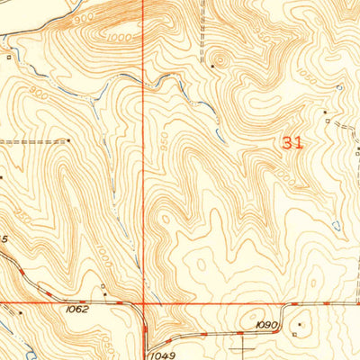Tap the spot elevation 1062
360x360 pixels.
point(77,309)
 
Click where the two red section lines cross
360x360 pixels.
point(144,303)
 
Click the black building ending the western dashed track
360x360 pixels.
point(68,140)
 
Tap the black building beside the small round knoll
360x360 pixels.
point(212,66)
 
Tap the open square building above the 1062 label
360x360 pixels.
point(103,290)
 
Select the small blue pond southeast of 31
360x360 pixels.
point(335,225)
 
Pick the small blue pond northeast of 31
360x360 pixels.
point(339,87)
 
